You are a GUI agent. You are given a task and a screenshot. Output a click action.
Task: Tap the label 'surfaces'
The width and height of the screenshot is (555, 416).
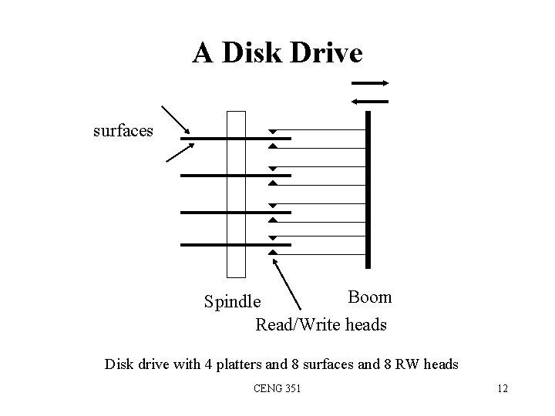(x=123, y=130)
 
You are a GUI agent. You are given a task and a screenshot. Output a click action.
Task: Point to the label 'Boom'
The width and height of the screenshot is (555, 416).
(x=370, y=297)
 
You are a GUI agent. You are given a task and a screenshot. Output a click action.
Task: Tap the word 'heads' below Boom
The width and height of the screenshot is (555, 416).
(x=364, y=325)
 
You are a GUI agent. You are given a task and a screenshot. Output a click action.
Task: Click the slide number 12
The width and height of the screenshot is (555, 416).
(x=503, y=388)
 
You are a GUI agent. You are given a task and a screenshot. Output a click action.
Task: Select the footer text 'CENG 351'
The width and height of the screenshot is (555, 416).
(x=277, y=388)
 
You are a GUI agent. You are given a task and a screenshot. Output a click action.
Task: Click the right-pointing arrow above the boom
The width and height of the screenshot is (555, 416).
(x=370, y=83)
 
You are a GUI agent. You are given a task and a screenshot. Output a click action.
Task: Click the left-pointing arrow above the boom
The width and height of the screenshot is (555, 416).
(x=370, y=100)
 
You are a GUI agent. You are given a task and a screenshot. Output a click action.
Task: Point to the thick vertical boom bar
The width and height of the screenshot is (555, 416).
(x=369, y=189)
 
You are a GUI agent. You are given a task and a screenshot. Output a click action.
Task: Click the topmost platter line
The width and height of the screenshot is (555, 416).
(x=235, y=139)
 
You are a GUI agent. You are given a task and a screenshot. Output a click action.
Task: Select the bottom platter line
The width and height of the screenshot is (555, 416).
(x=235, y=245)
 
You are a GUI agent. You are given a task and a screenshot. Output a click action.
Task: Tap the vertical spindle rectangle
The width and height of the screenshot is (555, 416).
(x=236, y=193)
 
